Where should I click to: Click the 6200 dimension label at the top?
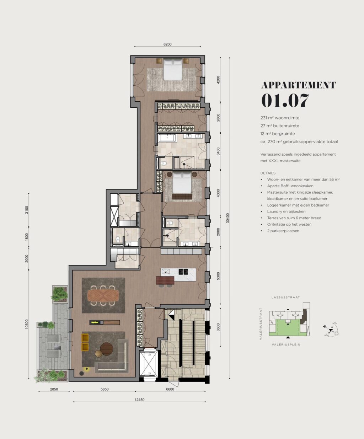[x=167, y=44]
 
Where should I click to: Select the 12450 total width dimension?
[x=139, y=400]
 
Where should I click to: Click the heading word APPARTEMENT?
[x=298, y=85]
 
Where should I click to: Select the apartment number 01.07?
[x=285, y=101]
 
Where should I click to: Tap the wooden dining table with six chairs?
[x=103, y=295]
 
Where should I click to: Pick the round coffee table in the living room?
[x=106, y=349]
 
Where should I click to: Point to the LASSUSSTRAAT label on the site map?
[x=285, y=297]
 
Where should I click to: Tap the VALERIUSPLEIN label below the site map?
[x=286, y=344]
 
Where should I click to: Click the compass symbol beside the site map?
[x=331, y=330]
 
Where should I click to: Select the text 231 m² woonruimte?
[x=280, y=118]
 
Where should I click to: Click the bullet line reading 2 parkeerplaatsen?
[x=283, y=231]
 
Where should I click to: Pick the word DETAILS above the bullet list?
[x=268, y=173]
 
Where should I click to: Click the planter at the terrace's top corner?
[x=60, y=294]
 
